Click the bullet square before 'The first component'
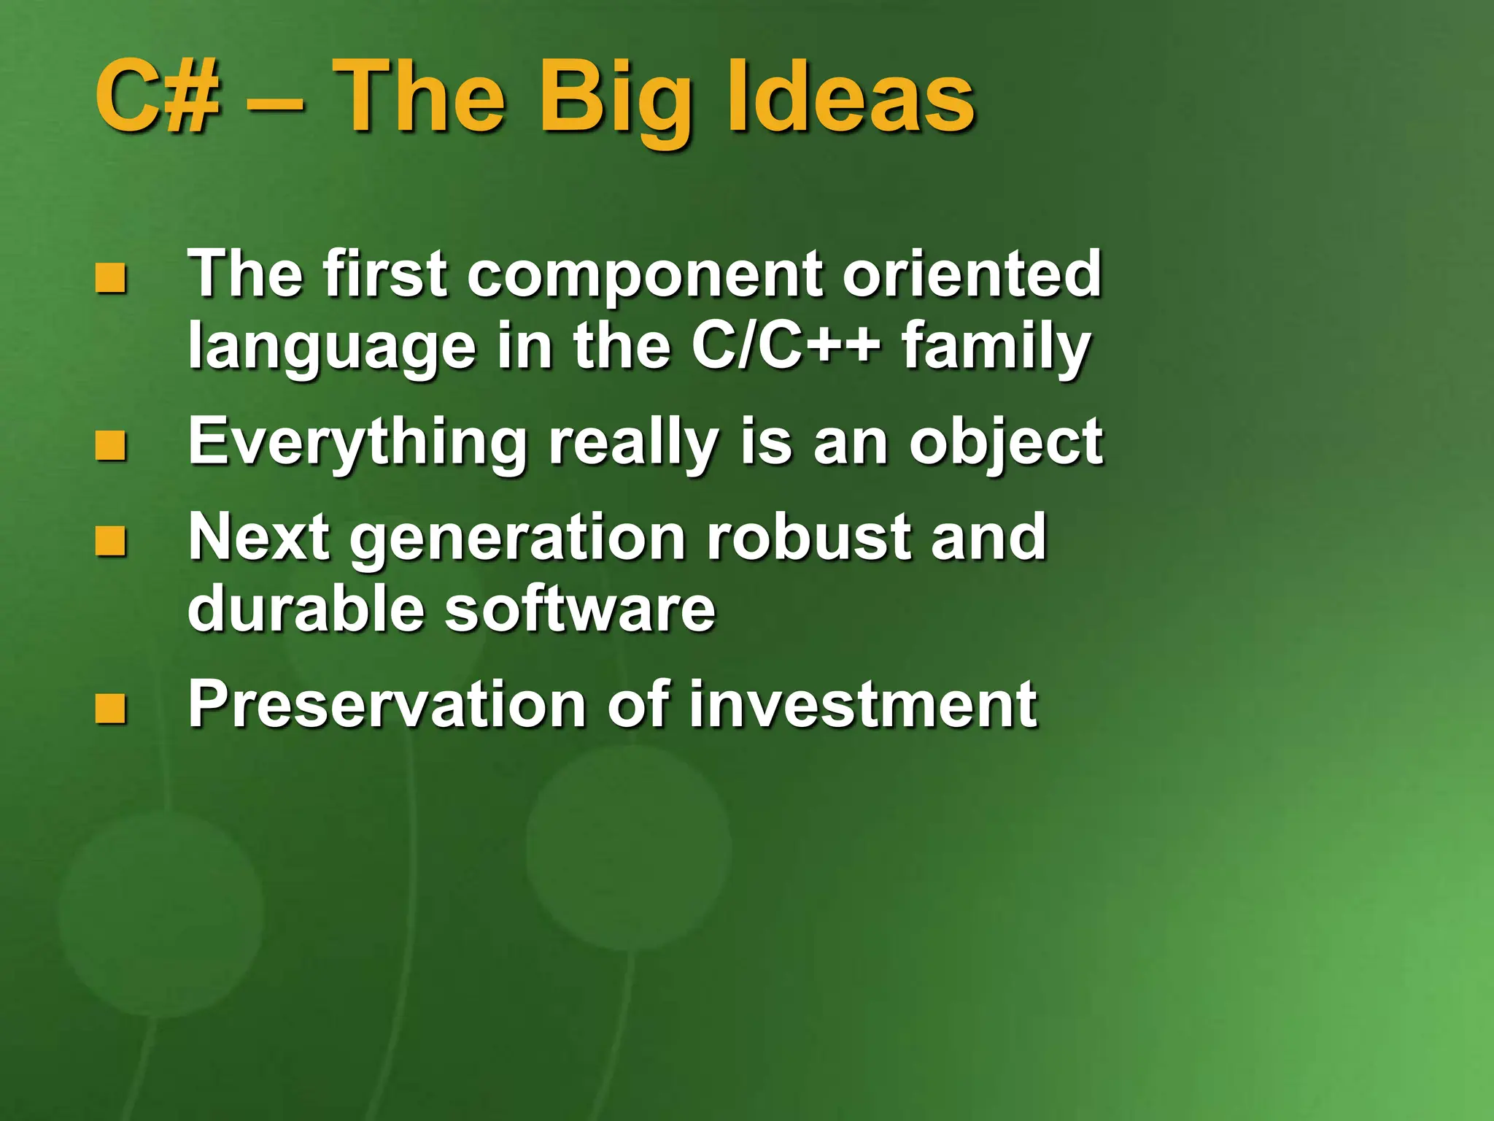pos(111,277)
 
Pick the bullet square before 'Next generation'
pos(111,541)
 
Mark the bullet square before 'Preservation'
pos(111,708)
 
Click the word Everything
pos(357,444)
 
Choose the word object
pos(1006,444)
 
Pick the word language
pos(332,348)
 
